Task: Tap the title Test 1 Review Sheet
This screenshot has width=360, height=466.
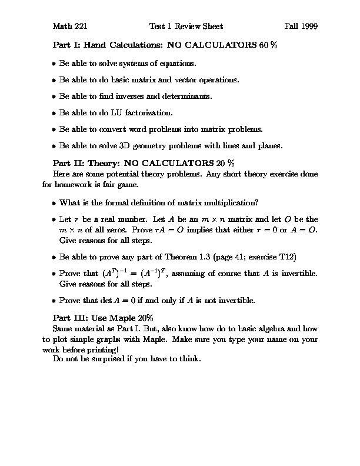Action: [x=186, y=26]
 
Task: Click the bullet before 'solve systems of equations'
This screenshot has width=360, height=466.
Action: [x=54, y=63]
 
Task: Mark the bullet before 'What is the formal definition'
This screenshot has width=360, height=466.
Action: [x=54, y=203]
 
